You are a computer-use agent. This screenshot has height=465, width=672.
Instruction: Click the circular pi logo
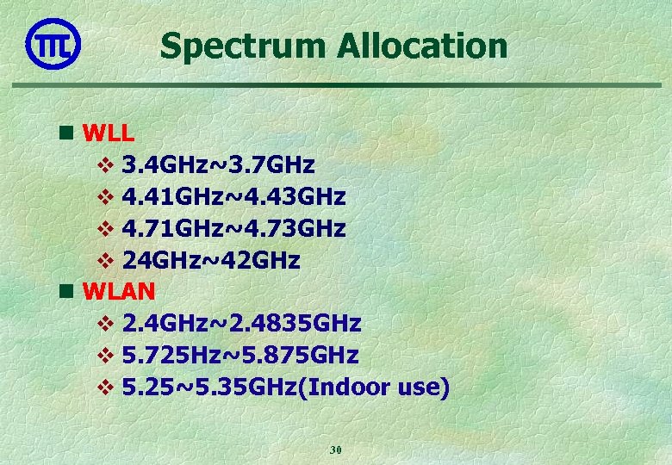coord(53,44)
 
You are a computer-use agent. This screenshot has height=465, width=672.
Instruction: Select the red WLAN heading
coord(119,291)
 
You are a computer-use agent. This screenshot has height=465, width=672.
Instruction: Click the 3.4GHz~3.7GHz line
coord(218,164)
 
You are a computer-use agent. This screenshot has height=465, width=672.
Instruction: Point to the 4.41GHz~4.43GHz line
coord(233,196)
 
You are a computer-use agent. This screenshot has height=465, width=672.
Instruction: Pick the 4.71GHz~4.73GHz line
coord(233,228)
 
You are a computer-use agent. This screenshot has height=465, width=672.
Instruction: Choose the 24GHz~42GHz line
coord(211,260)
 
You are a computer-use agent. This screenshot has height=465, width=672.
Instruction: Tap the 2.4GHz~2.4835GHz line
coord(241,324)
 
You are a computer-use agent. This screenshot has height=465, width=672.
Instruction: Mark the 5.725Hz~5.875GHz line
coord(240,356)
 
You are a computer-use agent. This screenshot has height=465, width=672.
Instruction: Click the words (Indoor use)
coord(379,387)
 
